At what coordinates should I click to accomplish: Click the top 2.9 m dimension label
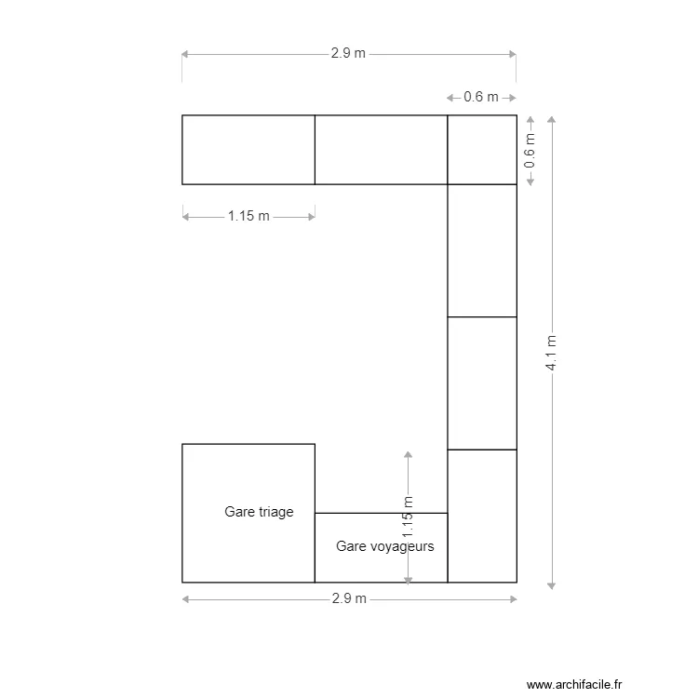click(348, 53)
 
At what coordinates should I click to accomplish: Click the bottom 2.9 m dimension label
click(349, 598)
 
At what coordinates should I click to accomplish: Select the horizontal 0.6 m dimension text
click(481, 97)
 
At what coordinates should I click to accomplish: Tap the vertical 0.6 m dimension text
click(530, 151)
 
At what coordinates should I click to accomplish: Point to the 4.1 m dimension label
click(551, 353)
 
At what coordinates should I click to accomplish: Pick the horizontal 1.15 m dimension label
click(248, 216)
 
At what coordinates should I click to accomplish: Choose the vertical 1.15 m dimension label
click(408, 517)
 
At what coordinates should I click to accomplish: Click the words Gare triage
click(259, 512)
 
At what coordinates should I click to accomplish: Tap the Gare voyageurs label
click(385, 546)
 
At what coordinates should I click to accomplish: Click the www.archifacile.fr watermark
click(574, 684)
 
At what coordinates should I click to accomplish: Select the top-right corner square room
click(482, 150)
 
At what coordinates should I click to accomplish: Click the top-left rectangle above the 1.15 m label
click(248, 150)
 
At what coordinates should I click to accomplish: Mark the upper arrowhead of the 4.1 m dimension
click(551, 119)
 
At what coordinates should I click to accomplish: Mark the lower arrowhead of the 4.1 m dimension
click(551, 586)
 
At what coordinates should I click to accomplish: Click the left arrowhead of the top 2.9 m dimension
click(185, 54)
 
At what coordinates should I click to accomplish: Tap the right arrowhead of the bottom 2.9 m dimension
click(513, 599)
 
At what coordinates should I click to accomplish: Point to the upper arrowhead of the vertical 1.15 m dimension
click(408, 454)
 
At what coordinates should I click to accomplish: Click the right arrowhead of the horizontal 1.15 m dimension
click(311, 217)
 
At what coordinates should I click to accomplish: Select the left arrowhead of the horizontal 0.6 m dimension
click(450, 98)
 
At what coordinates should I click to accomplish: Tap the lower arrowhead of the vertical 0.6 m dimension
click(530, 181)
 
